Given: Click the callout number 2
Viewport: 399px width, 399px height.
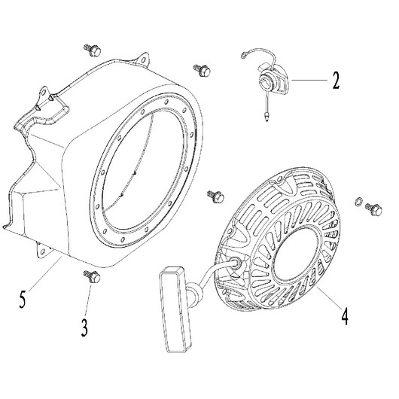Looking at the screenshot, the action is coord(336,81).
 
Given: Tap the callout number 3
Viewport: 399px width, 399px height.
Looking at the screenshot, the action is coord(84,328).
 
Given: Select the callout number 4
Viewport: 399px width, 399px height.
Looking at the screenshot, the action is coord(345,316).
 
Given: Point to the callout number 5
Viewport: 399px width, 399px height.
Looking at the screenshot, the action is coord(23,300).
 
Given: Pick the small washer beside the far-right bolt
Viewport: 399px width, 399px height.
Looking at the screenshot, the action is coord(358,202).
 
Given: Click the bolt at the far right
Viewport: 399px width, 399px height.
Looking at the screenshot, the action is coord(373,210).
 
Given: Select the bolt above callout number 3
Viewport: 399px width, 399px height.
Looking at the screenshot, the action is coord(92,276).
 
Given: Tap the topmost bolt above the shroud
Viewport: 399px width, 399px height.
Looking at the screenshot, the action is coord(93,50).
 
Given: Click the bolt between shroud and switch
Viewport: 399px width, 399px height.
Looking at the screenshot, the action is coord(202,70).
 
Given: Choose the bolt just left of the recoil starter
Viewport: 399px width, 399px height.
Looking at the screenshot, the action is coord(215,196).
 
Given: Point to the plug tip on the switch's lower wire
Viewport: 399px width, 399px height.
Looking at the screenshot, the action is coord(267,117).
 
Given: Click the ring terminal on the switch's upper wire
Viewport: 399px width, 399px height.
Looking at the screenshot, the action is coord(244,55).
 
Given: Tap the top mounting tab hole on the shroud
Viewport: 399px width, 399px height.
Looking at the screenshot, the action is coord(144,60).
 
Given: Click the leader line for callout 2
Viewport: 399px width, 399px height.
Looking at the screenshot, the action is coord(309,80).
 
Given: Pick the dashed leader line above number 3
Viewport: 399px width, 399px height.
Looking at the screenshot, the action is coord(88,301).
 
